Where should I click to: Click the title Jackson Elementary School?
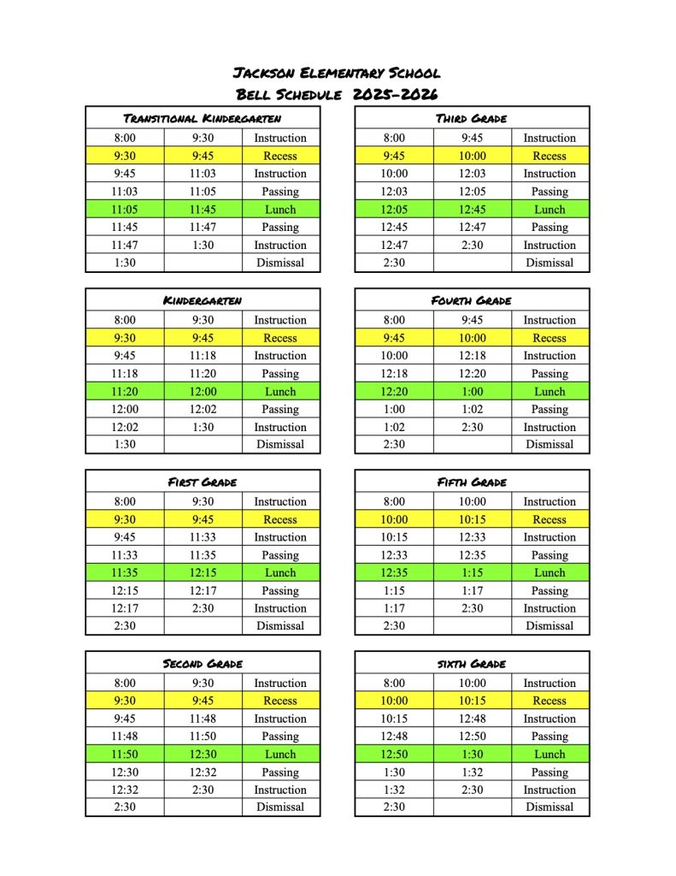pyautogui.click(x=337, y=74)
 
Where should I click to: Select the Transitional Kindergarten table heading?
pyautogui.click(x=203, y=118)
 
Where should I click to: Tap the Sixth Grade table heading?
pyautogui.click(x=472, y=664)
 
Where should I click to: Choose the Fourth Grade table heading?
pyautogui.click(x=472, y=301)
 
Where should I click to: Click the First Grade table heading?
pyautogui.click(x=203, y=482)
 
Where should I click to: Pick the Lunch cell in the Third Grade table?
pyautogui.click(x=550, y=210)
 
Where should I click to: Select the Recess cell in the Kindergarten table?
pyautogui.click(x=280, y=338)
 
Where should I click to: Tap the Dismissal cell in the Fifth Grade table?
pyautogui.click(x=550, y=626)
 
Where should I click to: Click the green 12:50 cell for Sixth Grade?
pyautogui.click(x=394, y=755)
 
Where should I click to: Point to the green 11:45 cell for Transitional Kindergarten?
pyautogui.click(x=203, y=210)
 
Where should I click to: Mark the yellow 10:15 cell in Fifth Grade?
pyautogui.click(x=472, y=520)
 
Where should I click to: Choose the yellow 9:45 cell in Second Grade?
pyautogui.click(x=203, y=701)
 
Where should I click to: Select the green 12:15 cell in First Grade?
pyautogui.click(x=203, y=573)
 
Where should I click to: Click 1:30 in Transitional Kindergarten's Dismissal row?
pyautogui.click(x=125, y=263)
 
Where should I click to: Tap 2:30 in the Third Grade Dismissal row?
pyautogui.click(x=394, y=263)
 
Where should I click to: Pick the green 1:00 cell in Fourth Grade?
pyautogui.click(x=472, y=392)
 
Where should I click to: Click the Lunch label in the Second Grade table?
pyautogui.click(x=280, y=755)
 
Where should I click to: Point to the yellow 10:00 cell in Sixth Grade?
pyautogui.click(x=394, y=701)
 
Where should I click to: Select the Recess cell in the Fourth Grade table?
pyautogui.click(x=550, y=338)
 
